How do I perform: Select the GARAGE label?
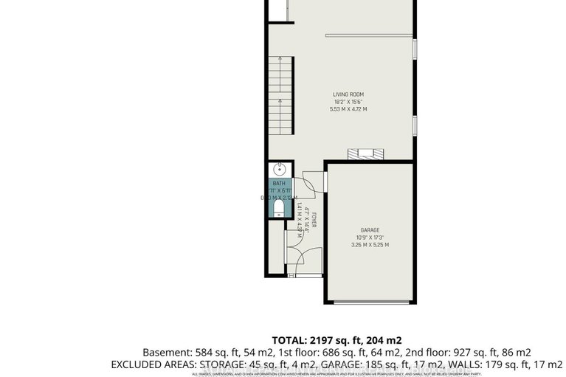click(369, 229)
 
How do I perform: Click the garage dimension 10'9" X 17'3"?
click(369, 237)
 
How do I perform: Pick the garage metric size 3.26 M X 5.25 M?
click(369, 245)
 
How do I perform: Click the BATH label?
click(279, 183)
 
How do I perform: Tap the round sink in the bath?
click(279, 169)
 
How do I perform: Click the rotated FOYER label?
click(313, 221)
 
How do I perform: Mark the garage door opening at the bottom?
click(368, 302)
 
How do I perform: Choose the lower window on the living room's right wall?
click(415, 125)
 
